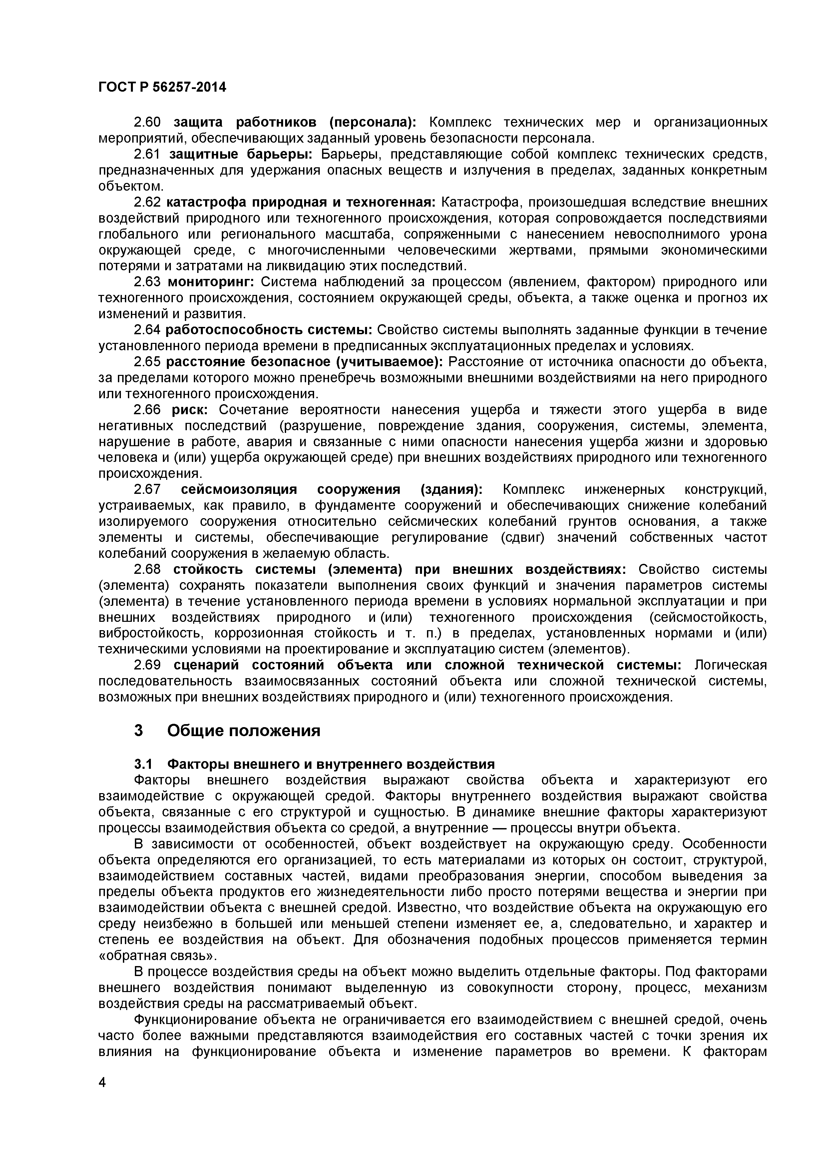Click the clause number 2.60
pyautogui.click(x=147, y=122)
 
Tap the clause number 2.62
pyautogui.click(x=147, y=202)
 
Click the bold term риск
pyautogui.click(x=189, y=410)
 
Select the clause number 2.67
pyautogui.click(x=147, y=490)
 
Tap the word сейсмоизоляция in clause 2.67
pyautogui.click(x=239, y=490)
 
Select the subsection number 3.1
pyautogui.click(x=143, y=764)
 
